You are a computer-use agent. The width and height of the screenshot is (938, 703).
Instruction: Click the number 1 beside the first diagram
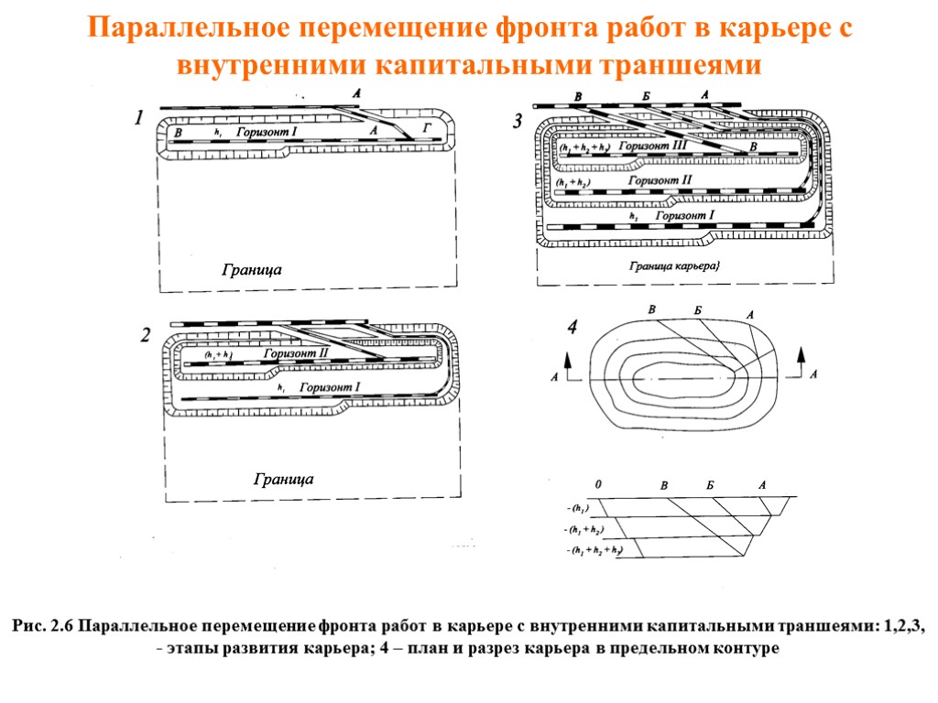[138, 118]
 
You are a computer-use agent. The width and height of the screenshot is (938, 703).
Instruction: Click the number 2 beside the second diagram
[146, 336]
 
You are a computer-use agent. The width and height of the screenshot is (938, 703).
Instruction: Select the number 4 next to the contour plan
[573, 327]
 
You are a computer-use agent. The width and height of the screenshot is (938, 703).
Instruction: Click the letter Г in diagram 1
[424, 128]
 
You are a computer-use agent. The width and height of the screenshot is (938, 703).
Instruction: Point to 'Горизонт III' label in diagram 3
[653, 146]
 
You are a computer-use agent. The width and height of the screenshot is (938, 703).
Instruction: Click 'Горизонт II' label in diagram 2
[296, 353]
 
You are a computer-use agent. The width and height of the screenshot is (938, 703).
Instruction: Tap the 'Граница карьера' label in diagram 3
[676, 266]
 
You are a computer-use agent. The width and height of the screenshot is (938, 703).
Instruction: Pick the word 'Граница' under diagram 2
[283, 479]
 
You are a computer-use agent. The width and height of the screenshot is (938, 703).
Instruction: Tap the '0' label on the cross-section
[599, 484]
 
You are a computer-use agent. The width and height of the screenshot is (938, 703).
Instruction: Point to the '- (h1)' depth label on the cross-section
[579, 508]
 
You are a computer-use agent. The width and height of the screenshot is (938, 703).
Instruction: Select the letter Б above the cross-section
[709, 485]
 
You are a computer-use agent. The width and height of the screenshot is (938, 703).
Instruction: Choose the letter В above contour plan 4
[652, 309]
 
